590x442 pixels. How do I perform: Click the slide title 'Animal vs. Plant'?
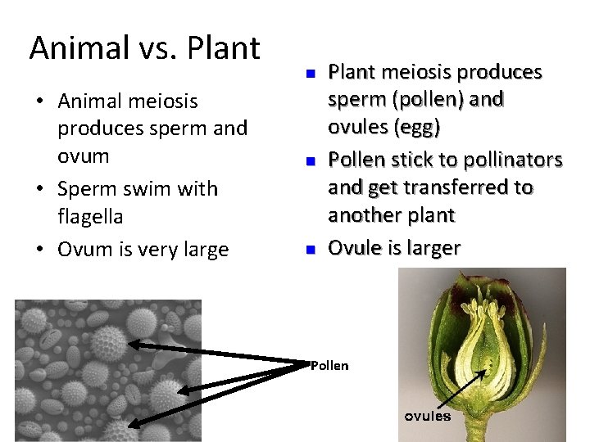(x=145, y=48)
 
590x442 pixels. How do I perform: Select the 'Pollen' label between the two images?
(x=329, y=366)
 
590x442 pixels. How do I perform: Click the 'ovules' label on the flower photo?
(x=427, y=416)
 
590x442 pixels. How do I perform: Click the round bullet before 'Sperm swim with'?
(x=39, y=189)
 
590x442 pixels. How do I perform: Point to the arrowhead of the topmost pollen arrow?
(x=130, y=345)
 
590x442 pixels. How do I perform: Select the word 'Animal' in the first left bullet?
(x=86, y=101)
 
